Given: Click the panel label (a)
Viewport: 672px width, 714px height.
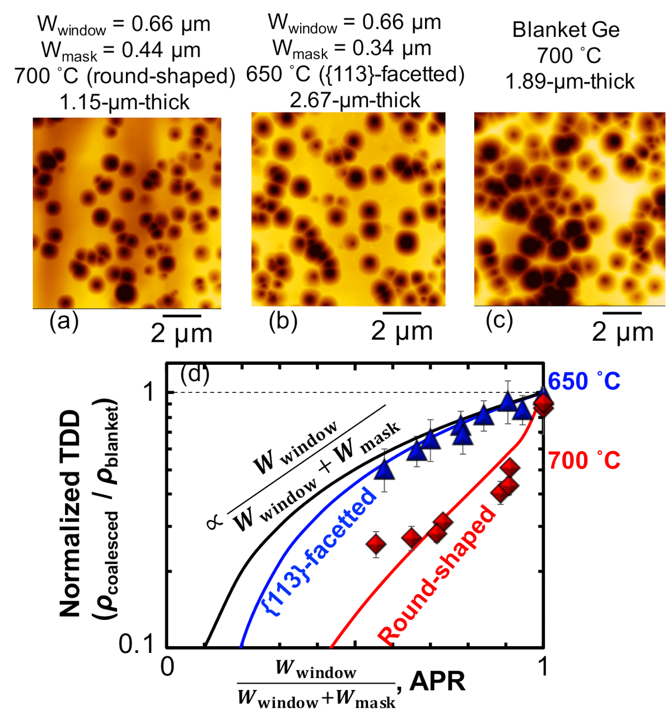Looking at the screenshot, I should click(64, 321).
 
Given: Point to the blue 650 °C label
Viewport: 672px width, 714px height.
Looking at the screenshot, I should click(584, 381).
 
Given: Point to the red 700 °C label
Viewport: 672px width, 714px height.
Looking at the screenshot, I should click(584, 461).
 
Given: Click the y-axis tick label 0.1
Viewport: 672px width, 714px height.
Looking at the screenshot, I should click(138, 645).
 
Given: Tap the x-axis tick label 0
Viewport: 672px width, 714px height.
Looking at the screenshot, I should click(167, 667).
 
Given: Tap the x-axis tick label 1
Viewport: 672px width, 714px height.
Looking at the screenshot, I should click(542, 667).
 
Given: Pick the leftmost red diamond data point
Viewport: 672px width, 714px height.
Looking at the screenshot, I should click(376, 544).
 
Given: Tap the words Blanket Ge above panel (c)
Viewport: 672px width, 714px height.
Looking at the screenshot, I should click(566, 30).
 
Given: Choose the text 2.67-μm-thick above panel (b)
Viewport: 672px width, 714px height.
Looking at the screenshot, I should click(355, 100).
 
